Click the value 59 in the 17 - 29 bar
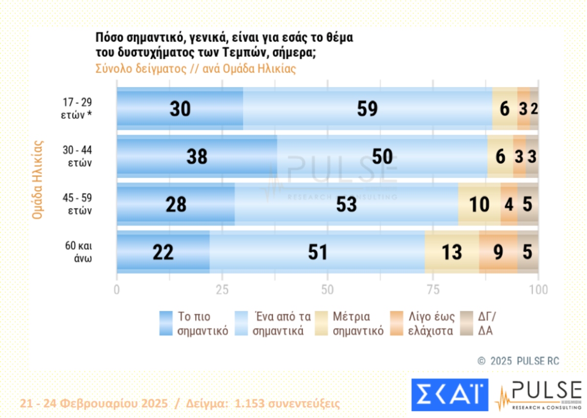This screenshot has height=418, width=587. tap(367, 109)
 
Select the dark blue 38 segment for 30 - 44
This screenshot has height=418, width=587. tap(197, 157)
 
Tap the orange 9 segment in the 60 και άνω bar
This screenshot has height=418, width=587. tap(498, 253)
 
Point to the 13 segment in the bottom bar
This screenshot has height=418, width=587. tap(452, 253)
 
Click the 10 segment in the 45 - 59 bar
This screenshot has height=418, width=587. tap(479, 205)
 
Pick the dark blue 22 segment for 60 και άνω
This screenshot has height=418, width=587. tap(163, 253)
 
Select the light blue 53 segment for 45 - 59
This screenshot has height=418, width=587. tap(346, 205)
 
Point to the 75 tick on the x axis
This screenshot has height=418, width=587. tap(433, 290)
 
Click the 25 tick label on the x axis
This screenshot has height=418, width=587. tap(222, 290)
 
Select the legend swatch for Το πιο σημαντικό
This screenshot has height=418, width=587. tap(166, 323)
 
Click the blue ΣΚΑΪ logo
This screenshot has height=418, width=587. tap(449, 394)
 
